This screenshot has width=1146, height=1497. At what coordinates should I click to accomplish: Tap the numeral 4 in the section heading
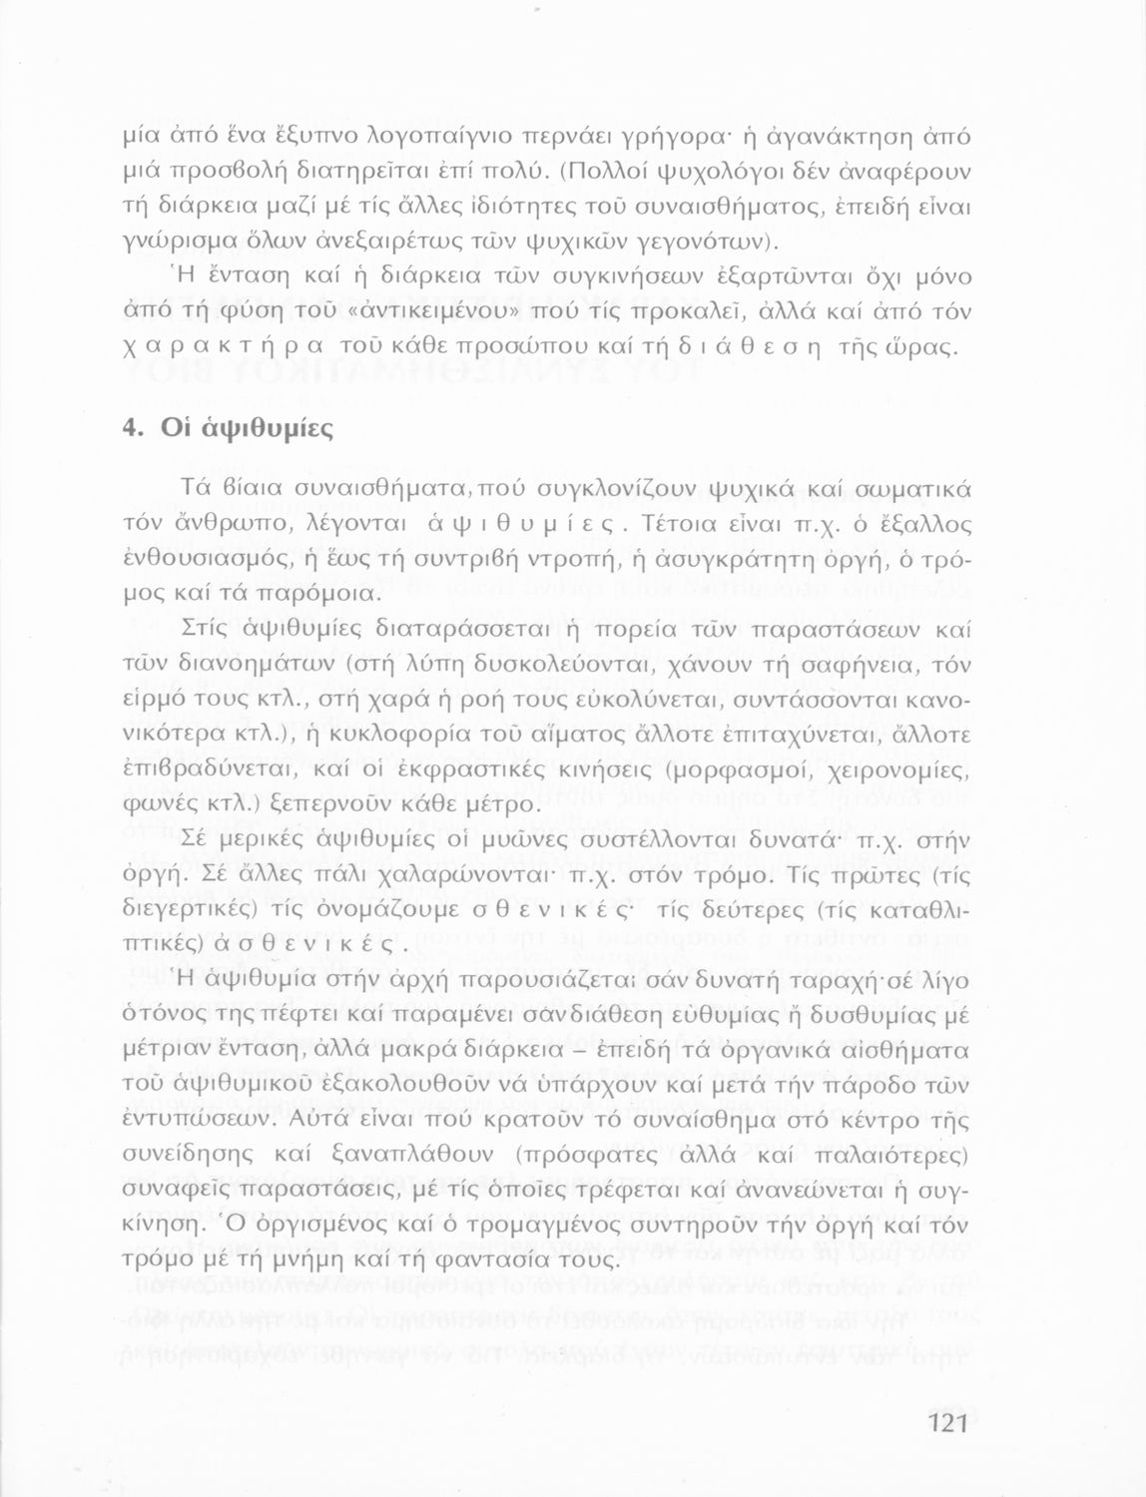click(129, 426)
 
